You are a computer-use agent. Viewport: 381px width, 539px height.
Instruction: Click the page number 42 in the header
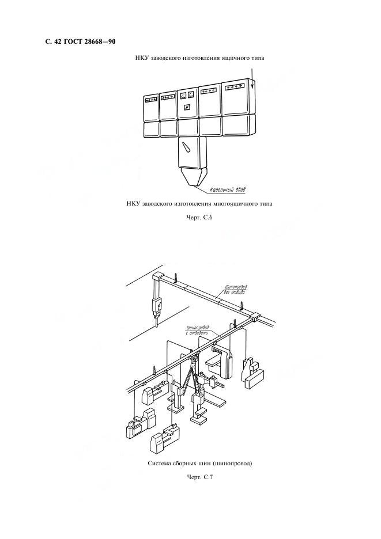coord(58,41)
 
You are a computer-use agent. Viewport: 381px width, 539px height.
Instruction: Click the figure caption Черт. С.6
coord(199,217)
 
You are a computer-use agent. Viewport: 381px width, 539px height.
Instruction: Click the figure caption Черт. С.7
coord(199,477)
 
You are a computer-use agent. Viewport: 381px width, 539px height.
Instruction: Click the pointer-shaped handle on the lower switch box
coord(187,148)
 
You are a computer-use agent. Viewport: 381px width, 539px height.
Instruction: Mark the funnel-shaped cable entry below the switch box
coord(194,177)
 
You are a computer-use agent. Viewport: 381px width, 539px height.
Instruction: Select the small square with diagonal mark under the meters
coord(187,108)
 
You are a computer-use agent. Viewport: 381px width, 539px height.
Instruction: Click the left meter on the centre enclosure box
coord(183,96)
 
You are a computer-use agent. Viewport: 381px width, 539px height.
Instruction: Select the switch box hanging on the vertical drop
coord(157,306)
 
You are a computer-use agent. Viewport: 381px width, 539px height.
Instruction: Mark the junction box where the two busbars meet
coord(254,316)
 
